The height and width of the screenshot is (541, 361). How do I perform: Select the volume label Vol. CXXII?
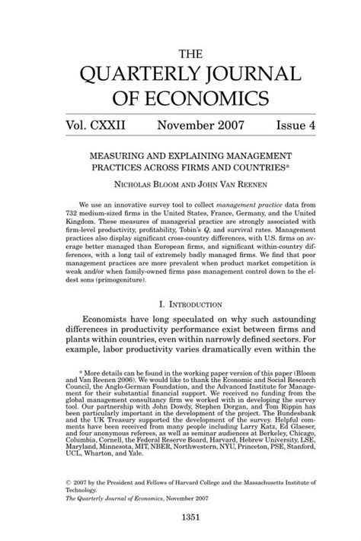click(x=94, y=123)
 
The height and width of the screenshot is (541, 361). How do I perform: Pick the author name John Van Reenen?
click(x=221, y=183)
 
